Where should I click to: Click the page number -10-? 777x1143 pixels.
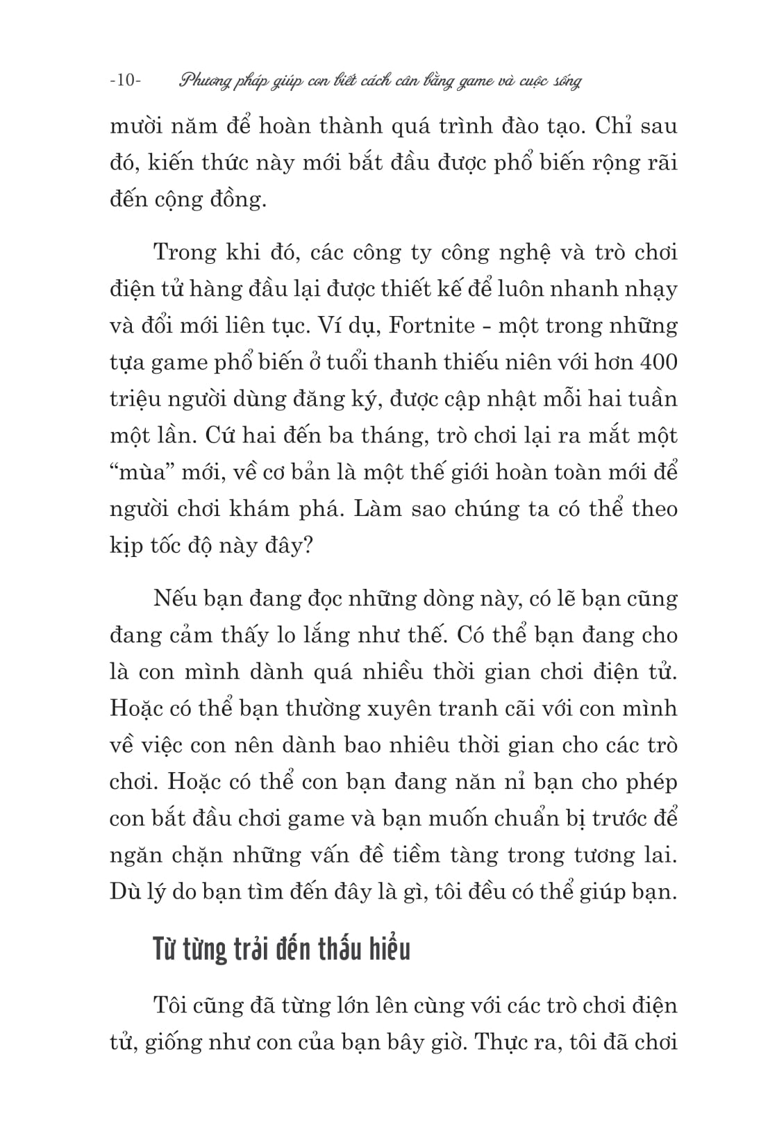[x=125, y=81]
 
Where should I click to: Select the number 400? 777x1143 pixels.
[x=658, y=362]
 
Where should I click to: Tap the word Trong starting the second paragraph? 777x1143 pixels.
[x=184, y=252]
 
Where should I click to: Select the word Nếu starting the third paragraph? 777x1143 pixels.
[x=174, y=599]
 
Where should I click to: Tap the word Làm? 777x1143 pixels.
[x=378, y=510]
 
